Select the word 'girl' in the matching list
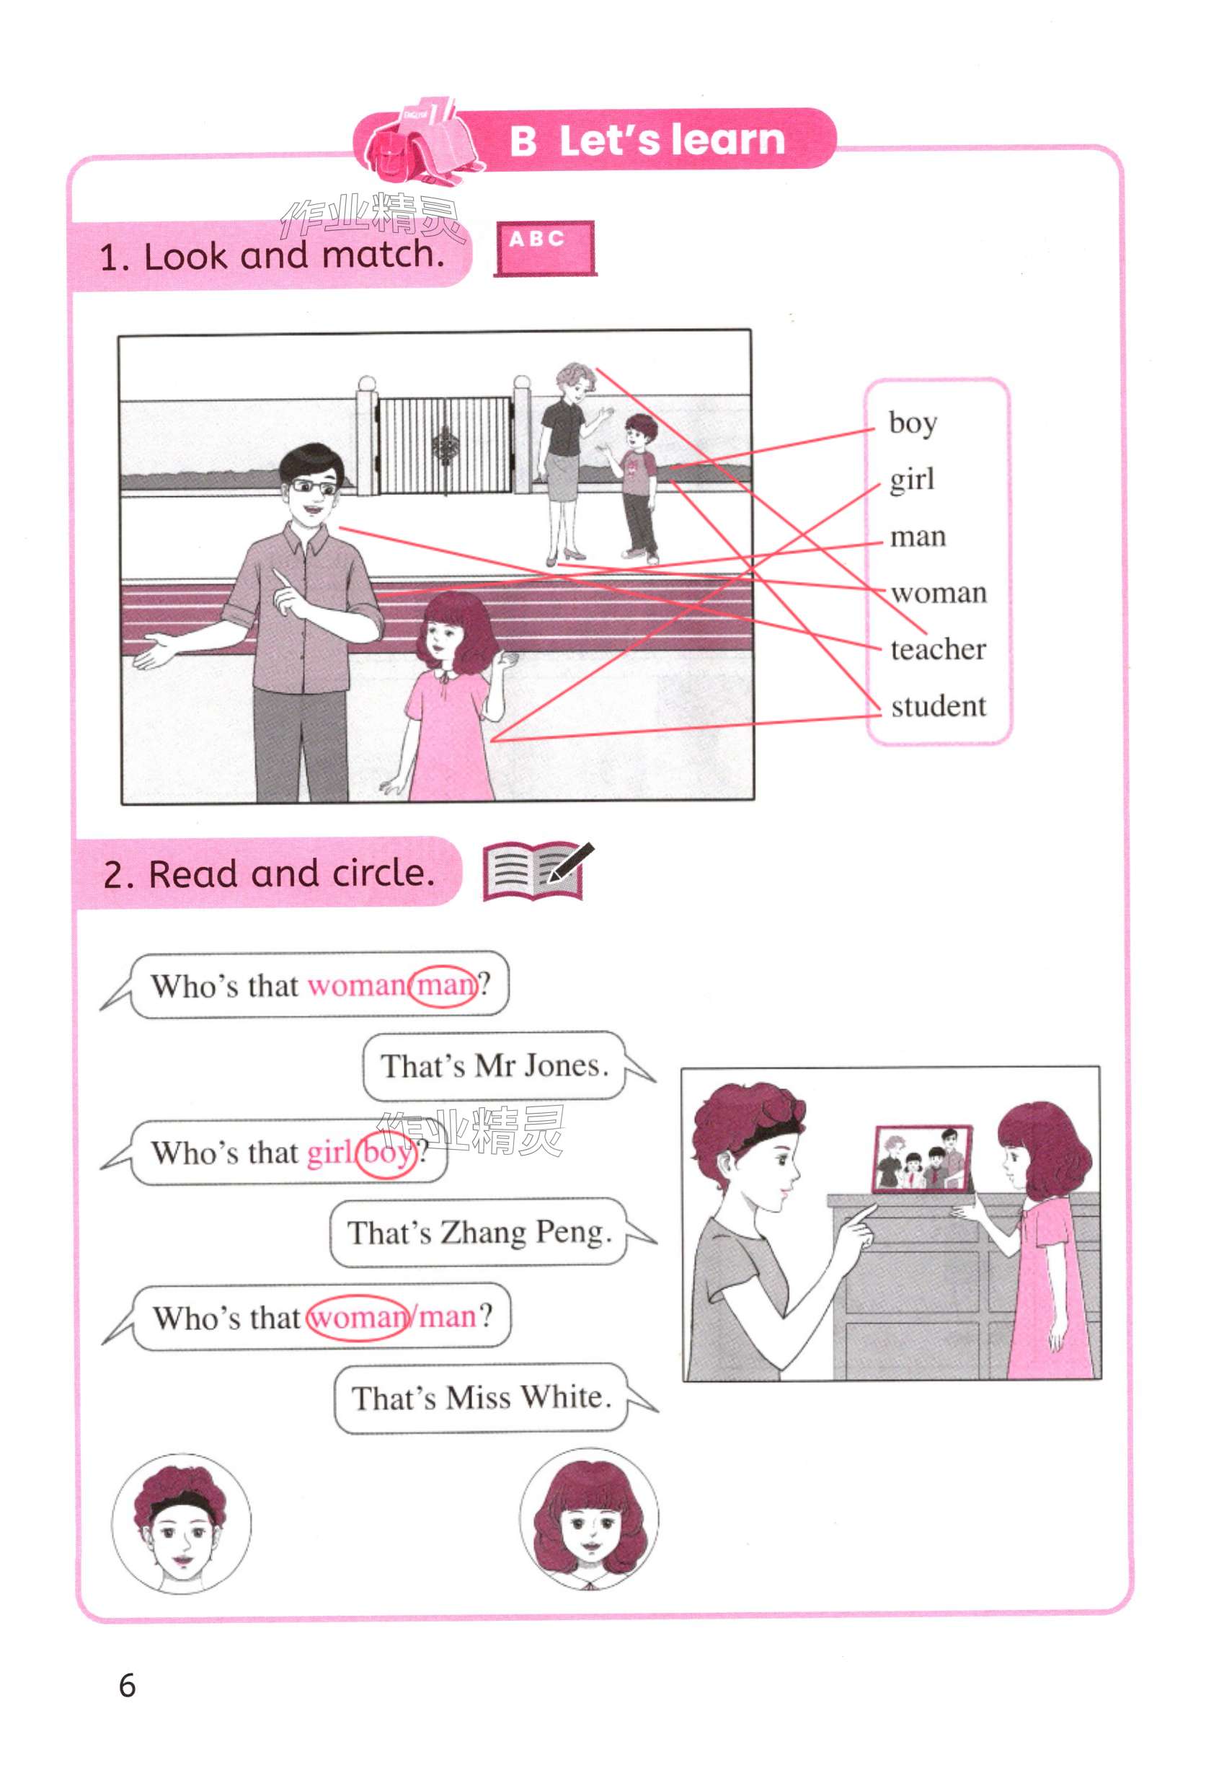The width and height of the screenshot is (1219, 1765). coord(911,480)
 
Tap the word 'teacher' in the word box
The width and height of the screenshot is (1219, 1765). coord(938,648)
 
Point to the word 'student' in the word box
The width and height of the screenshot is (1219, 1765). coord(939,705)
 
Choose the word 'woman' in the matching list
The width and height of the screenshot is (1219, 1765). coord(939,593)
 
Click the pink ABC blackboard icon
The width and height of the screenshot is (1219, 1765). coord(544,248)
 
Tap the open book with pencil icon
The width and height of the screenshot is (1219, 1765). coord(538,871)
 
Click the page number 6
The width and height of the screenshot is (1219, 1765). coord(128,1684)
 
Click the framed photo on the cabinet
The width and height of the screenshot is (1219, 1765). coord(923,1158)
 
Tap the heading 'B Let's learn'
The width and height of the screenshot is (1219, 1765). coord(647,141)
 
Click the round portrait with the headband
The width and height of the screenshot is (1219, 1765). coord(181,1524)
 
